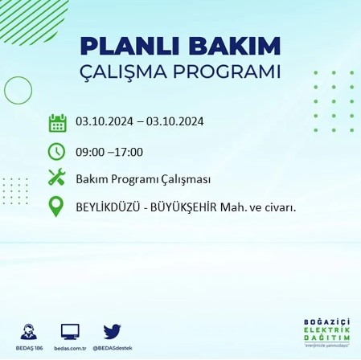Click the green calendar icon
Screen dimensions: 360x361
point(56,123)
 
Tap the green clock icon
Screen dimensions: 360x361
point(56,150)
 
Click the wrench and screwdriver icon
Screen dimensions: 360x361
point(56,178)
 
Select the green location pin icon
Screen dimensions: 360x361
point(56,207)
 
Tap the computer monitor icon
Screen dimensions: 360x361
point(71,331)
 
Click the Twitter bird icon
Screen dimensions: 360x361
point(112,330)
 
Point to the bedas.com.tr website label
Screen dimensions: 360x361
point(71,348)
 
